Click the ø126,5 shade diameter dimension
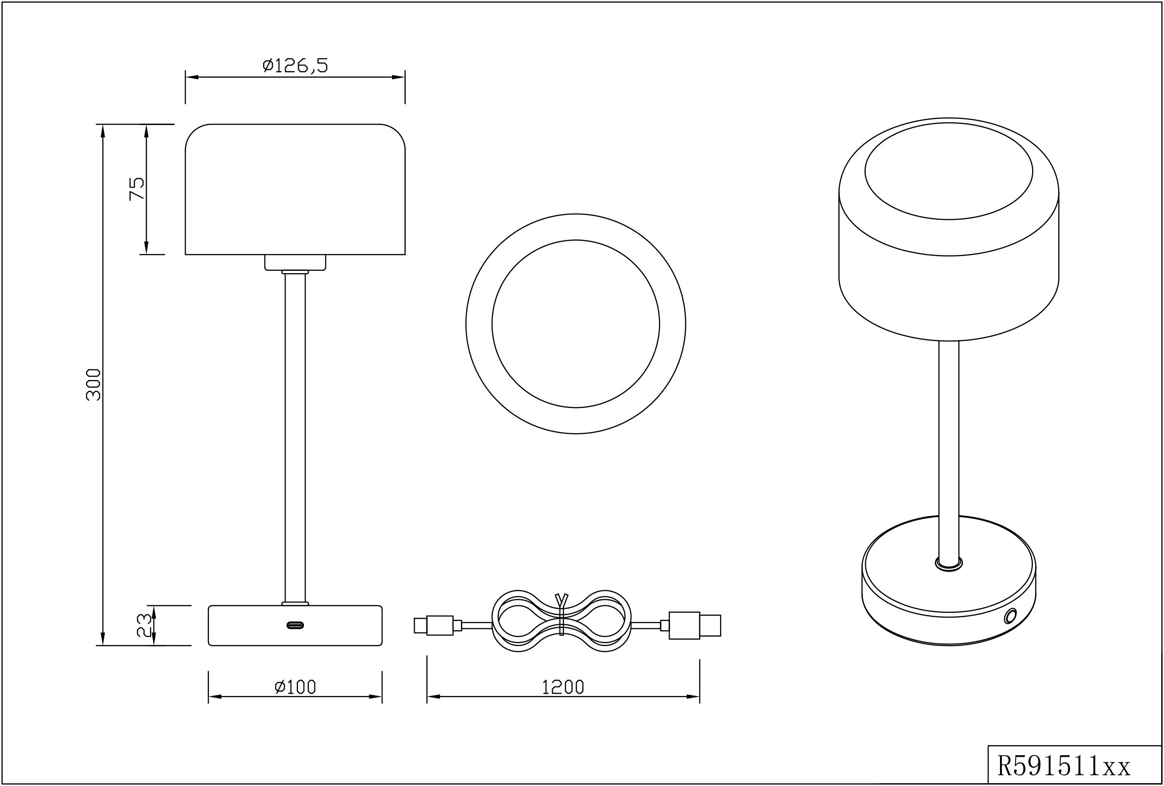pyautogui.click(x=295, y=65)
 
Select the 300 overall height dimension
pyautogui.click(x=94, y=384)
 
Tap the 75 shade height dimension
pyautogui.click(x=137, y=189)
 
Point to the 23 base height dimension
pyautogui.click(x=144, y=625)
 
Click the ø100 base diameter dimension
pyautogui.click(x=295, y=687)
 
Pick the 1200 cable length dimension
pyautogui.click(x=563, y=687)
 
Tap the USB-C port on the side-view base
pyautogui.click(x=295, y=625)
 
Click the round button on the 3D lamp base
pyautogui.click(x=1011, y=616)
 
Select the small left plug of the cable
pyautogui.click(x=438, y=625)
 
